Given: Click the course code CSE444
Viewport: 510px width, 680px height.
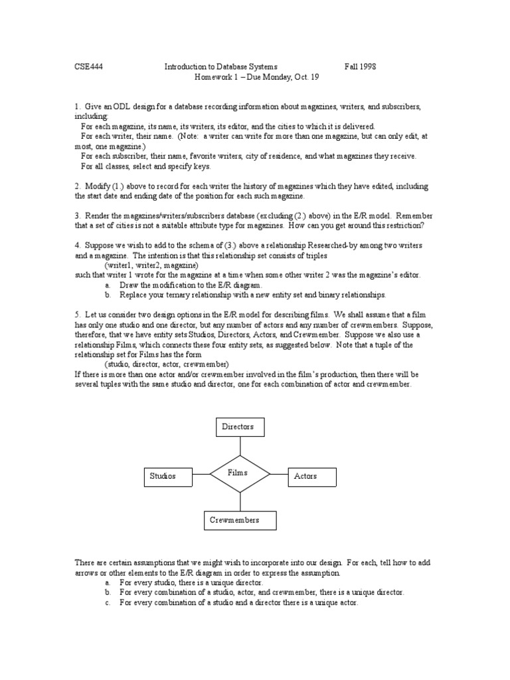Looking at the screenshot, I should click(x=88, y=67).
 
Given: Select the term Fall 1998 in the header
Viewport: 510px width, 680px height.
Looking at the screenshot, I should click(x=360, y=67).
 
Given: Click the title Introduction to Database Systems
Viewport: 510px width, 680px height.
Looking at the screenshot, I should click(x=221, y=67).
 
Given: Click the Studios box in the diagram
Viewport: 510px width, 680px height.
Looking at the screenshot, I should click(x=167, y=476).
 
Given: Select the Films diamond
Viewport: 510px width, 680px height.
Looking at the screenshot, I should click(x=240, y=473).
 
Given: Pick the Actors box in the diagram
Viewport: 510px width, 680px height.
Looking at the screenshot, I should click(x=311, y=476).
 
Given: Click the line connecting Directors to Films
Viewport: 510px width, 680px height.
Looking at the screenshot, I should click(x=240, y=446).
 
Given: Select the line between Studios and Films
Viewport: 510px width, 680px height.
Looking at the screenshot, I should click(x=201, y=474).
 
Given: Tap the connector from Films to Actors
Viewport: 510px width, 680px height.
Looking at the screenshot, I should click(x=278, y=474).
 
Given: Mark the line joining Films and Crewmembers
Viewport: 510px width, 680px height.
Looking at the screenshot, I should click(x=240, y=501).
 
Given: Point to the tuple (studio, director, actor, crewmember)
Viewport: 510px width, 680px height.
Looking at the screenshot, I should click(x=166, y=365).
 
